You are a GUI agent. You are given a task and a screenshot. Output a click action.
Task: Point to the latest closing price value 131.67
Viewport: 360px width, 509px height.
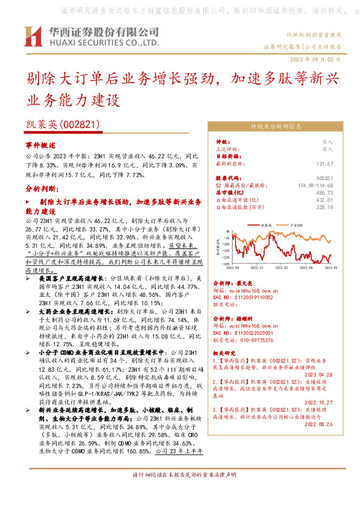tap(324, 164)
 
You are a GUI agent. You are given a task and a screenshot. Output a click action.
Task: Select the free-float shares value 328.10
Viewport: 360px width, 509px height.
tap(324, 207)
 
